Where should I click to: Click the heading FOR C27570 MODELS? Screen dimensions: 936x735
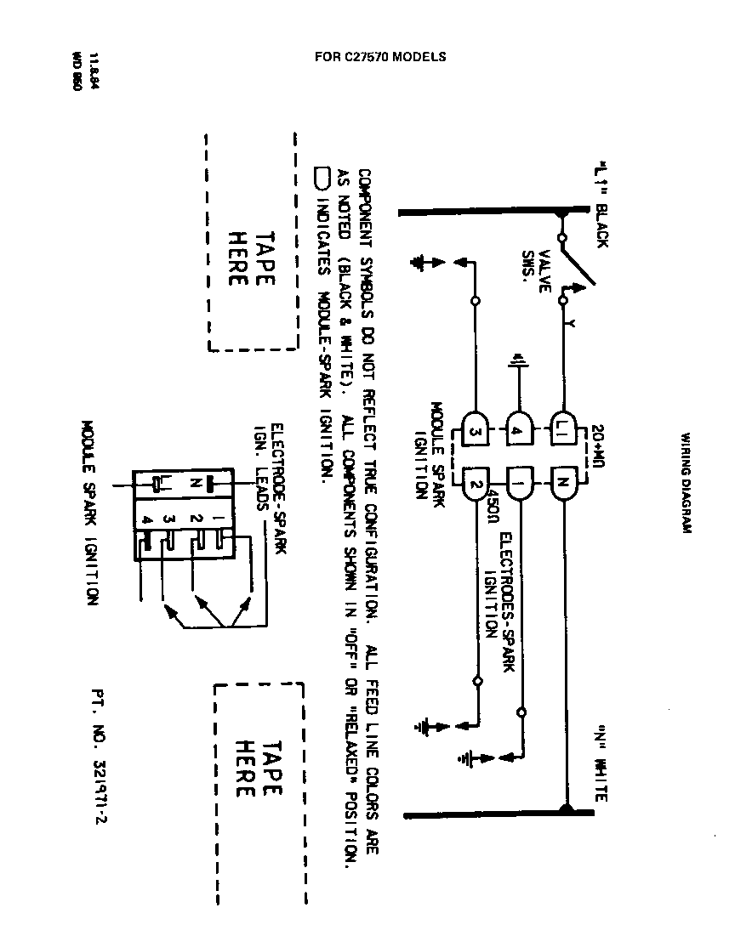[380, 58]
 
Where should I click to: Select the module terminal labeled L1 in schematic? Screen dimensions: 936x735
[563, 423]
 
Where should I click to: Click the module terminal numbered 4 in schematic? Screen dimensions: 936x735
[519, 423]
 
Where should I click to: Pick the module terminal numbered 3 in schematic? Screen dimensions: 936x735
[474, 423]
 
